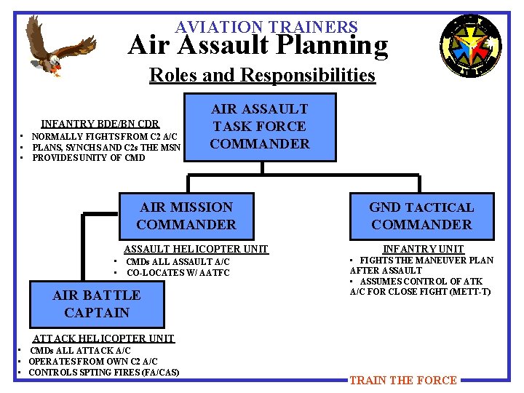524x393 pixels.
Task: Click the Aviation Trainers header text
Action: (x=266, y=27)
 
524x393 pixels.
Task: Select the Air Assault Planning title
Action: (x=258, y=46)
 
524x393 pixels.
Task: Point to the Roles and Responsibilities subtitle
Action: (x=262, y=75)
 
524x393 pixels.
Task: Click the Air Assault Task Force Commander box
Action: (x=260, y=127)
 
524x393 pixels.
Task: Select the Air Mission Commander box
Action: (x=186, y=216)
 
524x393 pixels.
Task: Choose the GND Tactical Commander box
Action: (x=421, y=216)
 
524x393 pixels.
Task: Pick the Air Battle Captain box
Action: (x=97, y=304)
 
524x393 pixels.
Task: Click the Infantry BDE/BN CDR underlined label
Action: (x=100, y=124)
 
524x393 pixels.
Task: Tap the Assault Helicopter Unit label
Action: (x=196, y=250)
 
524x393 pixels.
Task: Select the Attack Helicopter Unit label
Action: (x=104, y=338)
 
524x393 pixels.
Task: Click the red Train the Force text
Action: (x=403, y=380)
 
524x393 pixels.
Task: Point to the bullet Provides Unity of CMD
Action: (x=89, y=158)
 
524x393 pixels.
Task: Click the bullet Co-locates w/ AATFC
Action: (x=178, y=274)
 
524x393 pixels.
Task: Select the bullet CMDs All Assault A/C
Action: (x=178, y=262)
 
